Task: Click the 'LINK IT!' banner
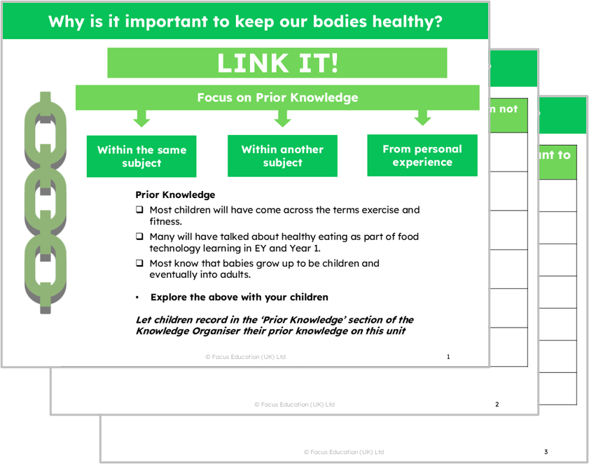click(x=277, y=63)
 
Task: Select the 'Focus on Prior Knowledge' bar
click(x=277, y=97)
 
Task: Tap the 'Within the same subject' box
click(x=141, y=156)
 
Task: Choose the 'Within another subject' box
click(x=282, y=155)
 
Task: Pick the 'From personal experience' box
click(x=422, y=155)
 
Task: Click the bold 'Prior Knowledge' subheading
click(x=175, y=195)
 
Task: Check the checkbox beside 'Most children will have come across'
click(x=139, y=209)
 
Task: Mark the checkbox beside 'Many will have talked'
click(x=139, y=237)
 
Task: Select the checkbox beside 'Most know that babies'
click(x=139, y=264)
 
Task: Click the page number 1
click(x=448, y=357)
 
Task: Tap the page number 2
click(x=497, y=405)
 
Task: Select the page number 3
click(x=546, y=451)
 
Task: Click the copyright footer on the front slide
click(x=245, y=357)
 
